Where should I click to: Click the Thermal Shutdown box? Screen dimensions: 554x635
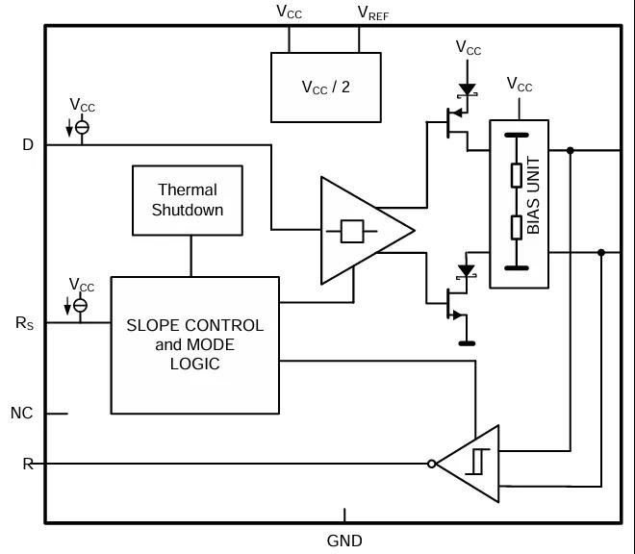click(188, 200)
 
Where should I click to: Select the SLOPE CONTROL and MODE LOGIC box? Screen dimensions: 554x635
click(194, 343)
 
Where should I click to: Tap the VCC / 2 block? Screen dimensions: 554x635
click(324, 87)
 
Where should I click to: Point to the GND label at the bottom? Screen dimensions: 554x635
click(344, 541)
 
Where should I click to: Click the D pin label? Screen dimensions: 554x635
click(28, 145)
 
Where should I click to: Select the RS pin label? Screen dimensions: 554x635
click(25, 323)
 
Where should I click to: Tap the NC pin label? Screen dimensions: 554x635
click(22, 414)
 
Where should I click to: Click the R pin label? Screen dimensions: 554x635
click(28, 464)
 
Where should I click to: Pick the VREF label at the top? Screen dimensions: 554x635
click(373, 13)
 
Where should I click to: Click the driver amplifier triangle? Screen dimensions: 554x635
click(361, 231)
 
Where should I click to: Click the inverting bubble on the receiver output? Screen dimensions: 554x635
click(432, 464)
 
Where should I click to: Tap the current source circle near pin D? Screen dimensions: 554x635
click(82, 127)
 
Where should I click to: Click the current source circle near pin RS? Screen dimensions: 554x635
click(82, 305)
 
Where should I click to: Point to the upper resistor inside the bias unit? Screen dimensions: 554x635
click(517, 175)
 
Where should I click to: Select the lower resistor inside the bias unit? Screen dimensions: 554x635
click(517, 226)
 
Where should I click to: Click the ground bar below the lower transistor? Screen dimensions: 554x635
click(467, 342)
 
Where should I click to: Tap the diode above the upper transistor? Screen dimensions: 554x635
click(468, 89)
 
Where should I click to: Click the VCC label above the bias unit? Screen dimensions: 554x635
click(520, 86)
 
